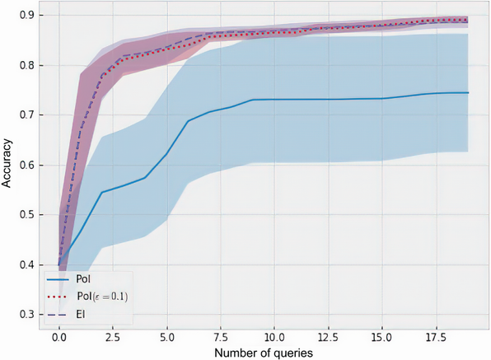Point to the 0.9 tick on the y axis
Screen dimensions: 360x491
pyautogui.click(x=27, y=15)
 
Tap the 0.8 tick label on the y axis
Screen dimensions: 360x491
pyautogui.click(x=27, y=65)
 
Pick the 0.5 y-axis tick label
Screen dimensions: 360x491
pyautogui.click(x=27, y=215)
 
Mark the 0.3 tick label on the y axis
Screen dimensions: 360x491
pyautogui.click(x=27, y=315)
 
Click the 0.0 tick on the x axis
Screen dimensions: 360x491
pyautogui.click(x=58, y=337)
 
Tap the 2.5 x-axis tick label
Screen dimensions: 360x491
pyautogui.click(x=112, y=337)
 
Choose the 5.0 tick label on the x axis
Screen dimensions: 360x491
pyautogui.click(x=166, y=337)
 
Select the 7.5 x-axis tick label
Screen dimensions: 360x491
pyautogui.click(x=220, y=337)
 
